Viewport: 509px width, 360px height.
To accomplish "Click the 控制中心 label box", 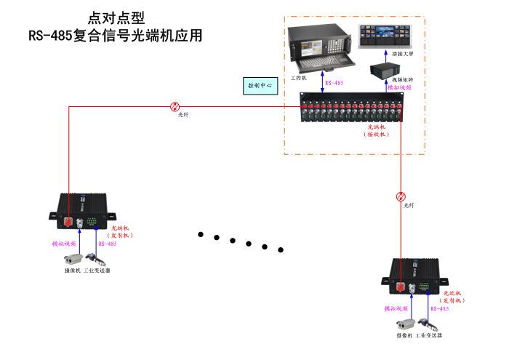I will pyautogui.click(x=260, y=86).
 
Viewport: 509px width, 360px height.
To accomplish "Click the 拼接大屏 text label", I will pyautogui.click(x=402, y=54).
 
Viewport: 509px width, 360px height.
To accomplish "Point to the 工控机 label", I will pyautogui.click(x=299, y=76).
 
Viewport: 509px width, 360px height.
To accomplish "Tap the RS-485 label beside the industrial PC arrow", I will pyautogui.click(x=334, y=84).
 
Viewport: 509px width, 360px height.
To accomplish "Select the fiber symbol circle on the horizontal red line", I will pyautogui.click(x=175, y=106).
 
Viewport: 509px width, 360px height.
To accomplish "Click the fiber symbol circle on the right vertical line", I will pyautogui.click(x=401, y=196).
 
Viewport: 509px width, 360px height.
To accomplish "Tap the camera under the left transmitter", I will pyautogui.click(x=72, y=258).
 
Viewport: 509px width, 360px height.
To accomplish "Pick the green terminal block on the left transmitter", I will pyautogui.click(x=92, y=221).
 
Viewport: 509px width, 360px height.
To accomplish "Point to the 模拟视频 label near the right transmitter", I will pyautogui.click(x=398, y=309).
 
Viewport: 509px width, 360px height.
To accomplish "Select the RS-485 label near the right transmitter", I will pyautogui.click(x=439, y=309).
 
